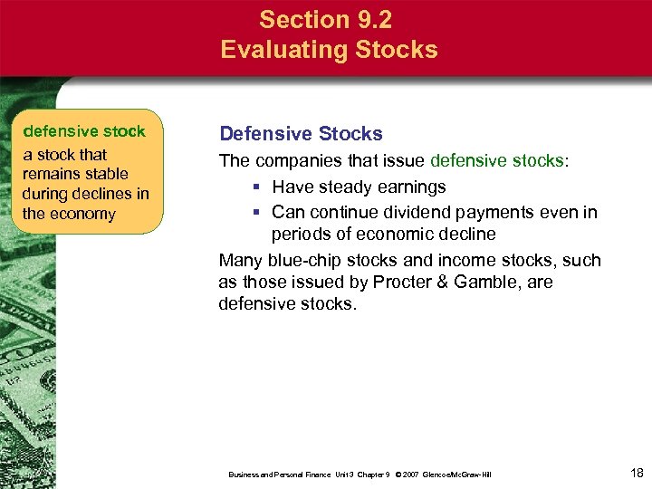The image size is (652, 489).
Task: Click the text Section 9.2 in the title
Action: coord(329,19)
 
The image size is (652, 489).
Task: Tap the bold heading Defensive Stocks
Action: coord(301,134)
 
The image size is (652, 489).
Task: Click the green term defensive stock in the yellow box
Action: coord(84,132)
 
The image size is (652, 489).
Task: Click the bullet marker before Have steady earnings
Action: coord(257,187)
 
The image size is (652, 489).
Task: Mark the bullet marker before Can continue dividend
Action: coord(257,213)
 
